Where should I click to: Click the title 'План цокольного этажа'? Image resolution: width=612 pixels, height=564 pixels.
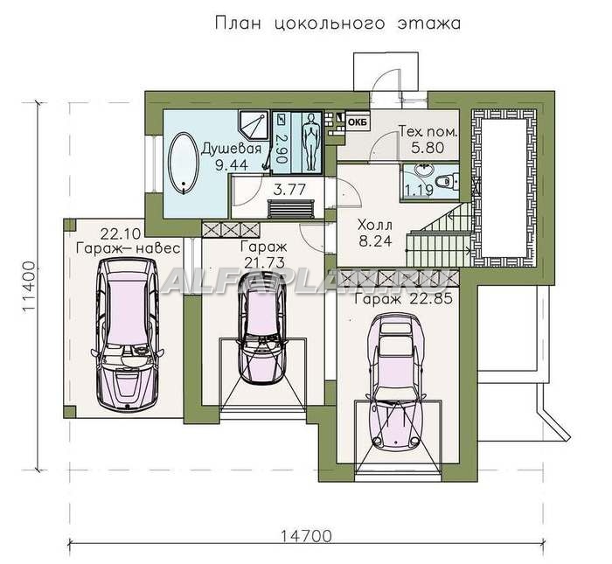(337, 24)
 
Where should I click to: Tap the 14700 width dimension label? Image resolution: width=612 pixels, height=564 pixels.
(306, 536)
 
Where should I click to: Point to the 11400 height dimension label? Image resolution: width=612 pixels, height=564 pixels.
(29, 287)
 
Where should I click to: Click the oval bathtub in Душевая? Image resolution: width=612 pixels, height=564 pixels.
(184, 164)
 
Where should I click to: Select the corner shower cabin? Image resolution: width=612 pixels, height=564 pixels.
(254, 125)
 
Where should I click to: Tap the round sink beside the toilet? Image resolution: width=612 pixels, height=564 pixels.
(422, 171)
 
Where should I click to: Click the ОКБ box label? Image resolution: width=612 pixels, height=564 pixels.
(358, 122)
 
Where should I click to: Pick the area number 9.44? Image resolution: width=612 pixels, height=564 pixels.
(232, 165)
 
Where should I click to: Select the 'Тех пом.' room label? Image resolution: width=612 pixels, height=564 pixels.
(428, 131)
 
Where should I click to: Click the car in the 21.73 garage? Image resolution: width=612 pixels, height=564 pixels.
(262, 328)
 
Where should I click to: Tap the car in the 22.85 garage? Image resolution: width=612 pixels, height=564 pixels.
(397, 380)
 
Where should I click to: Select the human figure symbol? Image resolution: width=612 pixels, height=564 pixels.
(310, 142)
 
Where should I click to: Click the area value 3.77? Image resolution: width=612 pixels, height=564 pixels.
(289, 190)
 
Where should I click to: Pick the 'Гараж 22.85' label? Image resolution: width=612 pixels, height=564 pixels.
(403, 299)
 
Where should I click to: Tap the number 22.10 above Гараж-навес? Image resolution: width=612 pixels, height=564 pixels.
(121, 234)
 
